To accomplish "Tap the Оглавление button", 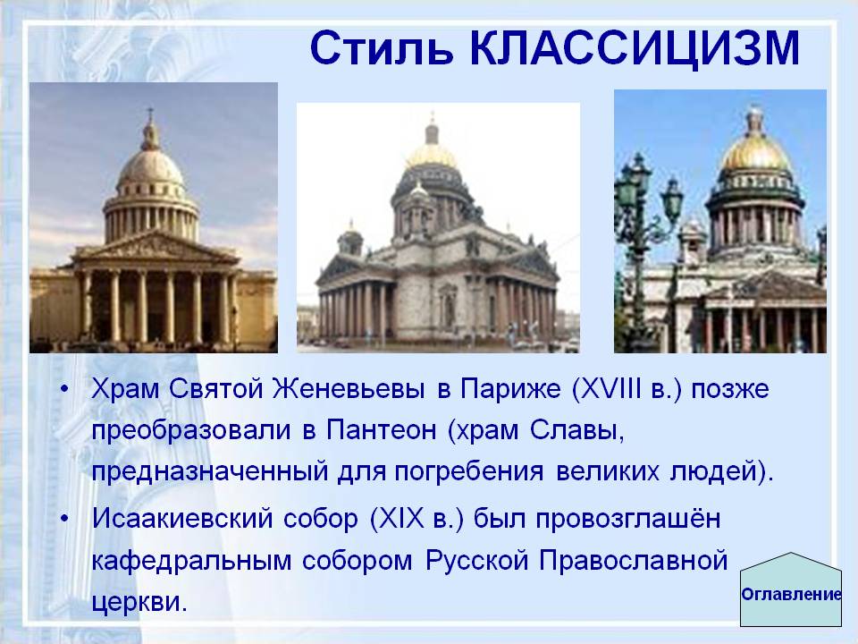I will tap(792, 594).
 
